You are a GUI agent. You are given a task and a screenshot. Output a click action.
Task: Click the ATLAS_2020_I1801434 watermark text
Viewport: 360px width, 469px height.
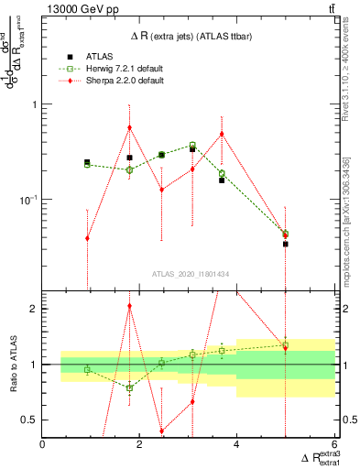point(190,273)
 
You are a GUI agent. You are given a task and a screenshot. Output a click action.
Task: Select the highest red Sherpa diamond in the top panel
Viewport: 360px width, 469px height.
point(130,127)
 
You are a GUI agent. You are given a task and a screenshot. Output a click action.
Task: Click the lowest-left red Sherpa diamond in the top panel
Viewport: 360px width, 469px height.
point(87,238)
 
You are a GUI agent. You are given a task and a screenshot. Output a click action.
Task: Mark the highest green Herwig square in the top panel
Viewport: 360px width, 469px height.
point(192,145)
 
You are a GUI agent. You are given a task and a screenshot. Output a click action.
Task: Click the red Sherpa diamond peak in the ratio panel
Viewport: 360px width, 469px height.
point(130,306)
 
